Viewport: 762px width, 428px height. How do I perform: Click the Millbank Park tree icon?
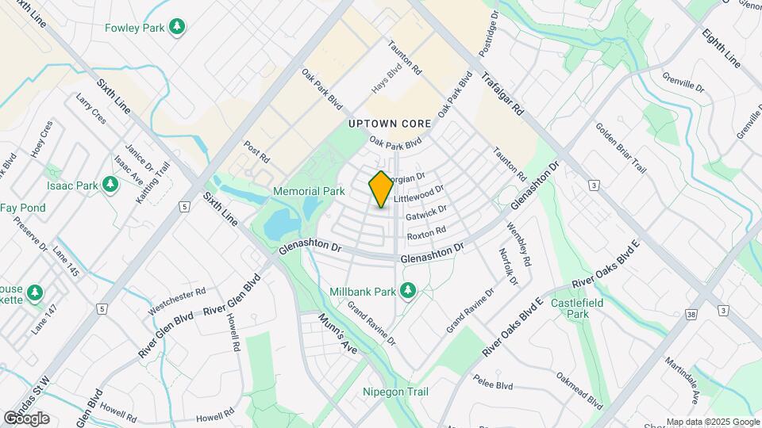[x=408, y=291]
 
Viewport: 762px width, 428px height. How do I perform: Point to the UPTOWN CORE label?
[x=389, y=124]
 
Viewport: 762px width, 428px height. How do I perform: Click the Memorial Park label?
[x=309, y=191]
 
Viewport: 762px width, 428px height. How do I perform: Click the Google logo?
[x=26, y=418]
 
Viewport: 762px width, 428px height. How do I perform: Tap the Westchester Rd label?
[x=178, y=301]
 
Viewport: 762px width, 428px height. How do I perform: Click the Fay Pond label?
[x=22, y=208]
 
